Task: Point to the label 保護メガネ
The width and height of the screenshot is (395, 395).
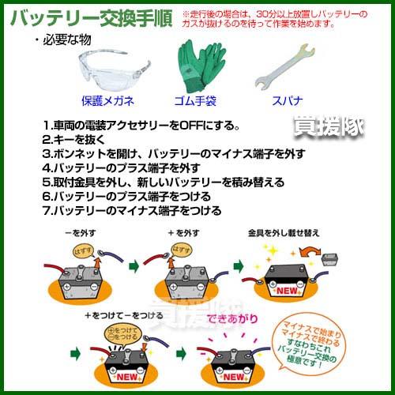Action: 107,101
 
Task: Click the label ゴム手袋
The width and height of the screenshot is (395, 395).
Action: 194,101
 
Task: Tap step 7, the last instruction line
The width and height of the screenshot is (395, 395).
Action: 131,211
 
